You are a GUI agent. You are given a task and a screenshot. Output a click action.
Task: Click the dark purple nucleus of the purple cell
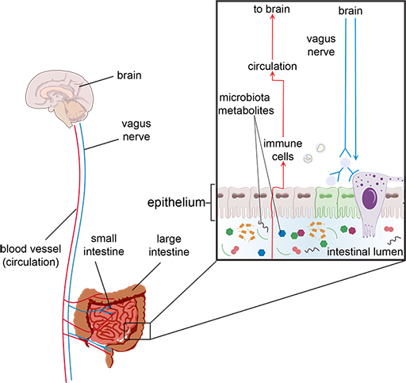[370, 196]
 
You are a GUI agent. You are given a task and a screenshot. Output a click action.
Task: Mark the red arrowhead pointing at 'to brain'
[272, 23]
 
